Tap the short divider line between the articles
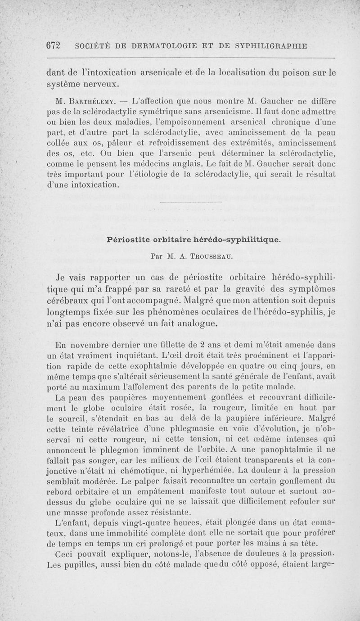[191, 202]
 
